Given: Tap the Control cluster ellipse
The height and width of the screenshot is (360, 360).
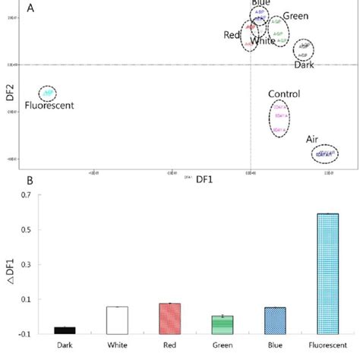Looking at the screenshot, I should point(279,118).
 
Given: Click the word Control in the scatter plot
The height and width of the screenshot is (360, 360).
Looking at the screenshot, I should point(283,94).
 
